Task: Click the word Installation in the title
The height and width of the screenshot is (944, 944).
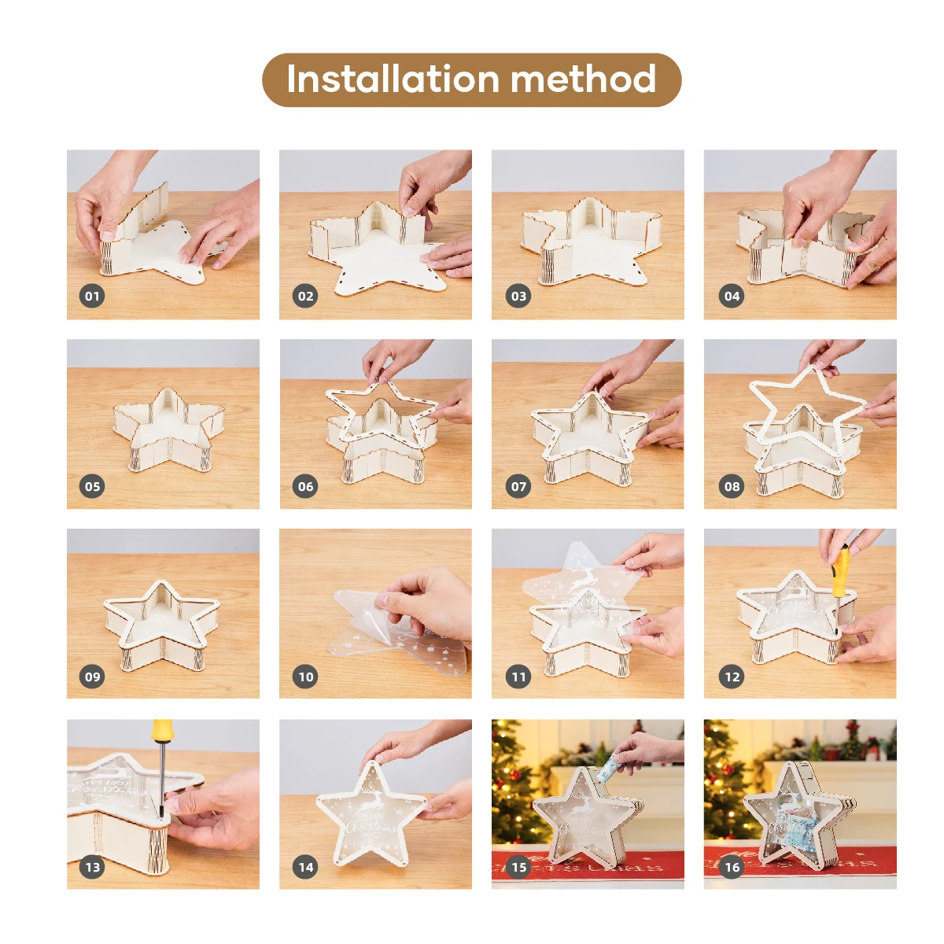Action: click(x=392, y=79)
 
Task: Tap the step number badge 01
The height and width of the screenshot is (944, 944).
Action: click(x=93, y=296)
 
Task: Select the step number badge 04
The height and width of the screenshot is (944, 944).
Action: click(x=732, y=296)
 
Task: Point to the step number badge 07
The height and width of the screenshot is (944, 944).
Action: click(x=518, y=486)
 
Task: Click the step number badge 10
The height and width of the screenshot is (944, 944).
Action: click(x=306, y=677)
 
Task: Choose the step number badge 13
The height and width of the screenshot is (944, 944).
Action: click(x=93, y=867)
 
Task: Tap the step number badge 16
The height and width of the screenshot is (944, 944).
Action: click(x=732, y=867)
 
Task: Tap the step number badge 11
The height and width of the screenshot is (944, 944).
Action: click(x=518, y=677)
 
